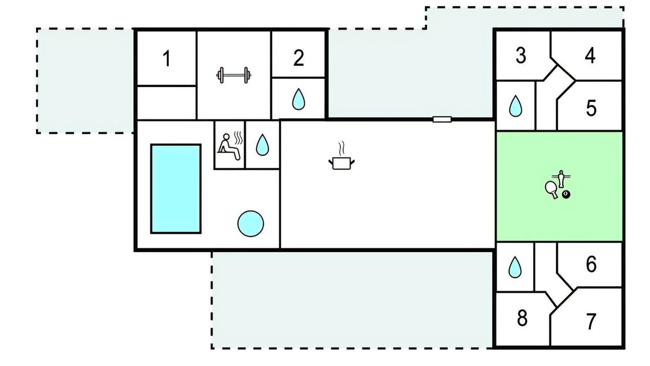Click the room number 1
click(x=167, y=58)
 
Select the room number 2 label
click(x=299, y=58)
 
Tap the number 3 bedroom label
click(x=521, y=55)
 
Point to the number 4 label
click(x=590, y=55)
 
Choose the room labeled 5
click(x=591, y=108)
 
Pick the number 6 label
click(x=591, y=264)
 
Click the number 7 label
click(x=591, y=322)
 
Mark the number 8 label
click(x=522, y=318)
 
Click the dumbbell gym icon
click(x=234, y=75)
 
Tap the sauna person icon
click(x=230, y=146)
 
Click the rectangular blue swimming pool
click(x=176, y=189)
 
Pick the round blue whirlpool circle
click(x=251, y=224)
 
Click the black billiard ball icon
click(x=566, y=194)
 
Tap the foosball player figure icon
click(x=562, y=178)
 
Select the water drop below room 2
click(x=299, y=99)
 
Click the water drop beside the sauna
click(x=263, y=145)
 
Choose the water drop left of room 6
click(x=515, y=267)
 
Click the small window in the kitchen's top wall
click(x=442, y=119)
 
